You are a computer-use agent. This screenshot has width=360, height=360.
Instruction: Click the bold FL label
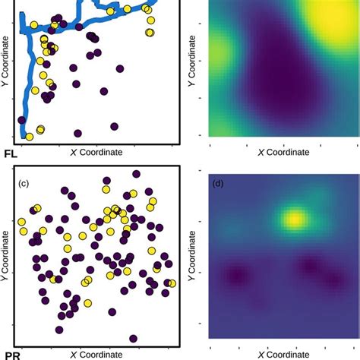[x=11, y=153]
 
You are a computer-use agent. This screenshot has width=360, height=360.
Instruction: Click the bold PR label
[x=11, y=355]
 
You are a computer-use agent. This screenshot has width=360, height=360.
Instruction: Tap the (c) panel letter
[x=24, y=183]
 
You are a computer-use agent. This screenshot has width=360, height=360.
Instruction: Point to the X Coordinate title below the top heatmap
[x=283, y=152]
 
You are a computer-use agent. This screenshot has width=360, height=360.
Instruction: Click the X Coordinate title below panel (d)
[x=283, y=354]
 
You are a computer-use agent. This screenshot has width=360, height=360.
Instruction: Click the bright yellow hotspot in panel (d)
[x=292, y=221]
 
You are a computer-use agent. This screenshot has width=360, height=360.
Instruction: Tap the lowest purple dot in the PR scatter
[x=134, y=339]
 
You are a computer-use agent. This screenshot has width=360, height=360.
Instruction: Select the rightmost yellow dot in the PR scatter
[x=172, y=283]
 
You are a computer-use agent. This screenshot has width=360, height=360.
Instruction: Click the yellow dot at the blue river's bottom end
[x=30, y=137]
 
